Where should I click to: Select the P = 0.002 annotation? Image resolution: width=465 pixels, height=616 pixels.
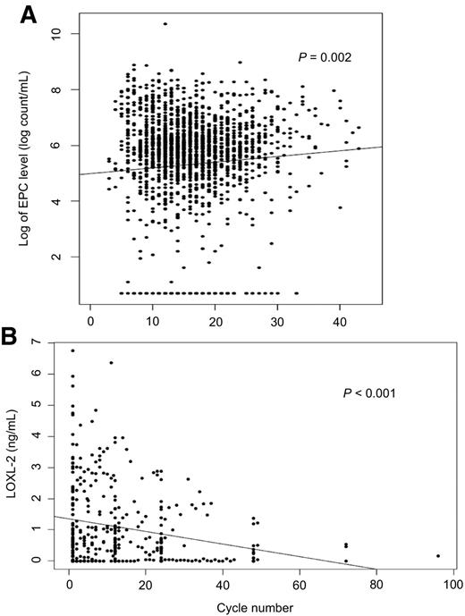coord(325,58)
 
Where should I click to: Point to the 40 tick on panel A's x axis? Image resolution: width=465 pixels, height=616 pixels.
coord(339,317)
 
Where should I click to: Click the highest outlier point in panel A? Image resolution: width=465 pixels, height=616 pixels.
coord(165,23)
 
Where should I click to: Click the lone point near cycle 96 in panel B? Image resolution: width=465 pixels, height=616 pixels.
coord(438,556)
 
